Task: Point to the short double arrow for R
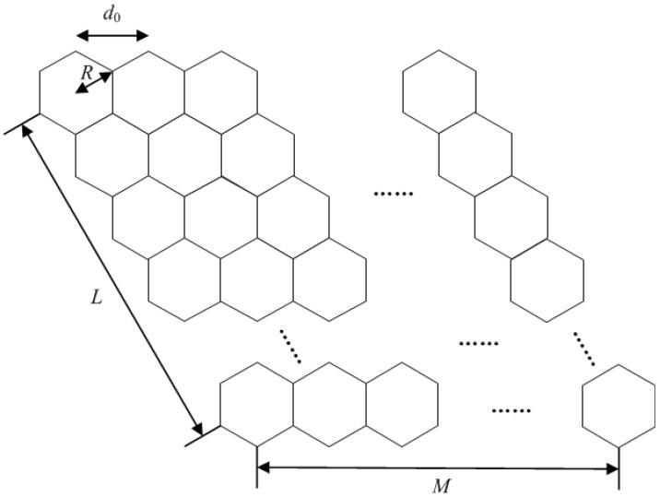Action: pos(93,83)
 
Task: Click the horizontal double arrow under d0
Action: pos(112,35)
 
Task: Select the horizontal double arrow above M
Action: pos(438,468)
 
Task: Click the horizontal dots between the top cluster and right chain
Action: pos(395,194)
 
